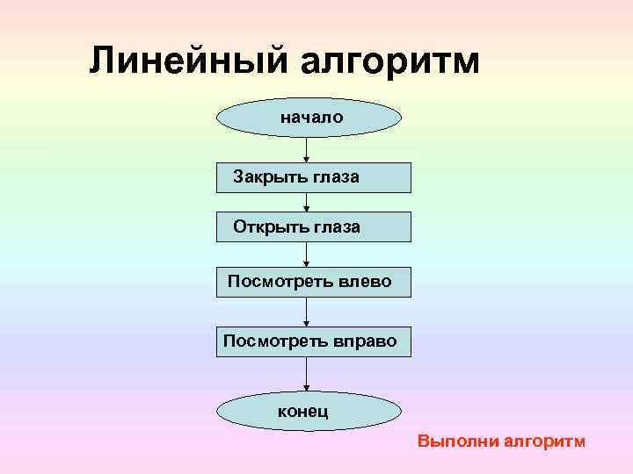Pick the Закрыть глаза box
click(314, 177)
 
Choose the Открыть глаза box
click(314, 226)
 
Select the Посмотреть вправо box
click(314, 341)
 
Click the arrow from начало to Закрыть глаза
click(307, 149)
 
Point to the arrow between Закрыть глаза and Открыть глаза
click(307, 203)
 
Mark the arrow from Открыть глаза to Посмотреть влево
click(307, 255)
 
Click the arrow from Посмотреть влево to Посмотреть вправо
click(307, 312)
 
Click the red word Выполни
click(457, 442)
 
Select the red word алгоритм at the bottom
click(544, 441)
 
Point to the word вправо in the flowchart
click(367, 341)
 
